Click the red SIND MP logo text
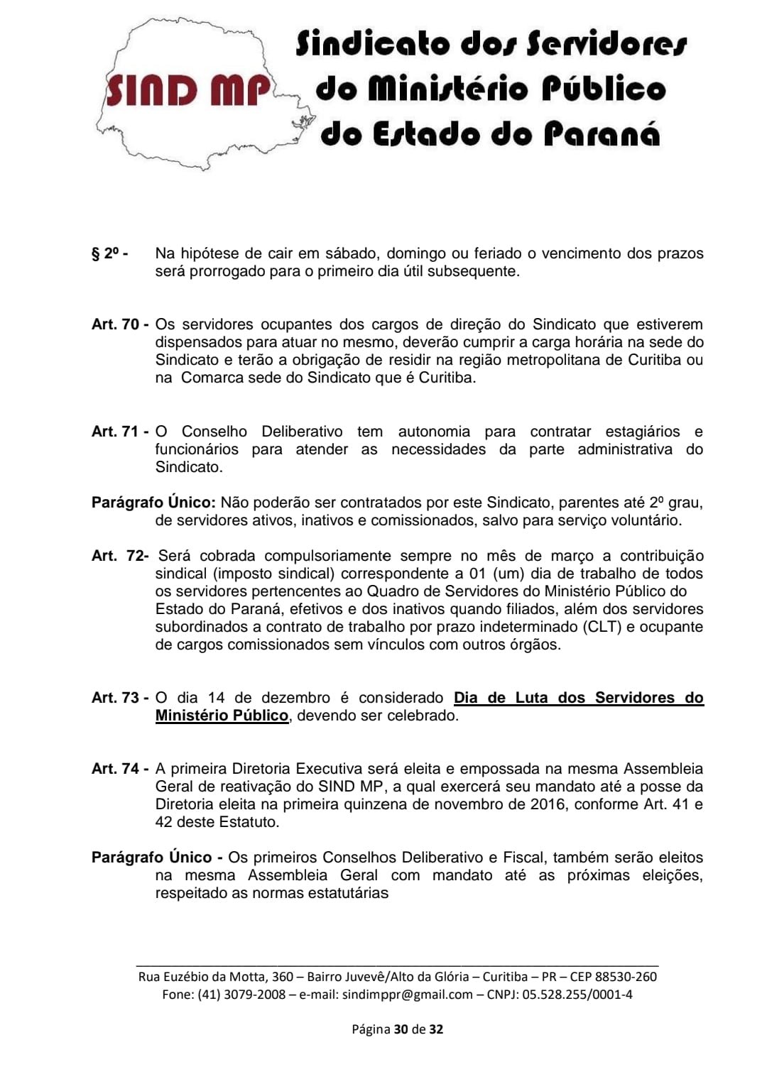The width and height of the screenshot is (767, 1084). (x=188, y=90)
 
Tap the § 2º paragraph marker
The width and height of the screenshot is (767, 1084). (x=109, y=253)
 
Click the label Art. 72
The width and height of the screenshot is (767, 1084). (x=119, y=556)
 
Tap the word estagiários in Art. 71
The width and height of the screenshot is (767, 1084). (x=642, y=432)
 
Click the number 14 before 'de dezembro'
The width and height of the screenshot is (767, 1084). (x=216, y=698)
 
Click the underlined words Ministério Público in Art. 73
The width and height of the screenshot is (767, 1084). (x=222, y=716)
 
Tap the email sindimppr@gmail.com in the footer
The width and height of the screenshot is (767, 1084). (x=407, y=995)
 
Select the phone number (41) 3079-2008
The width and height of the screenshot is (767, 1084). (x=241, y=995)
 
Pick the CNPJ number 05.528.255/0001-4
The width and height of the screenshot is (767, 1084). (x=577, y=995)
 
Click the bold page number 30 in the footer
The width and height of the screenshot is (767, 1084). (x=401, y=1029)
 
